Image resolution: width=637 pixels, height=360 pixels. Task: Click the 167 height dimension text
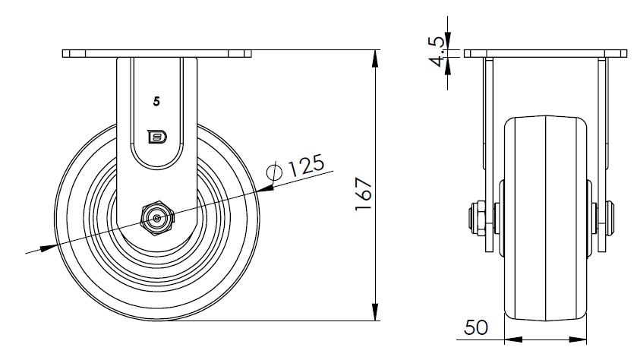(364, 194)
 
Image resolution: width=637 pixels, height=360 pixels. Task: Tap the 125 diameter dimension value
(306, 164)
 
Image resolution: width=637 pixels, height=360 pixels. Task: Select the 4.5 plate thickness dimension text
(437, 52)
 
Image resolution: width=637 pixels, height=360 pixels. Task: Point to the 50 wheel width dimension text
(476, 327)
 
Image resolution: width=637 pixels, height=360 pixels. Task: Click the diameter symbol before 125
(274, 172)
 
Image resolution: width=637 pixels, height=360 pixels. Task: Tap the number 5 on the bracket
(156, 102)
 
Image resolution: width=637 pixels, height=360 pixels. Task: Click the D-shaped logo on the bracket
(157, 137)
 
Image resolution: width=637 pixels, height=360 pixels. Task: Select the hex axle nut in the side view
(157, 219)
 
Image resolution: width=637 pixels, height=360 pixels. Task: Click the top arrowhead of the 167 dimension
(375, 58)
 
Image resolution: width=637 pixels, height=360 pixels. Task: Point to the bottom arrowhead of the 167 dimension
(375, 312)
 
